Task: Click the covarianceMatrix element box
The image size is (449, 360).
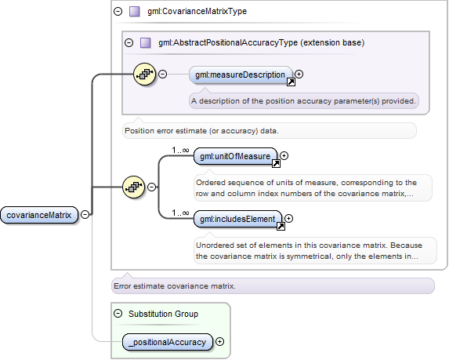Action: coord(39,215)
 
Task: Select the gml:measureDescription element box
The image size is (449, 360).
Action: coord(241,75)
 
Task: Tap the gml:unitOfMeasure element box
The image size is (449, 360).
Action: coord(235,156)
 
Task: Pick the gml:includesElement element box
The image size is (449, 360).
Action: coord(237,219)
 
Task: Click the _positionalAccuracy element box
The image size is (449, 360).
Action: coord(168,342)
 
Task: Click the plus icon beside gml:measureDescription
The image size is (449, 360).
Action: coord(299,75)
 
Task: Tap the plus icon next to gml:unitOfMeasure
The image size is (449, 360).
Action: coord(284,155)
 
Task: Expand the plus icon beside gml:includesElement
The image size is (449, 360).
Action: coord(288,218)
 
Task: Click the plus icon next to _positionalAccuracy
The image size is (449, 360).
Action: coord(219,342)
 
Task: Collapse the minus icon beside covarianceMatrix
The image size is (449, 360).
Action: coord(85,214)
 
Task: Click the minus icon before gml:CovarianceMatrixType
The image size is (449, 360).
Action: coord(118,11)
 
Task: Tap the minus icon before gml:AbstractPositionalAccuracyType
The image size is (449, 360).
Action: coord(129,42)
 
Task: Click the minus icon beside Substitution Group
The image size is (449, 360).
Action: coord(118,313)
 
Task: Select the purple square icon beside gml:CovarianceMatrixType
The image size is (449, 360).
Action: coord(135,12)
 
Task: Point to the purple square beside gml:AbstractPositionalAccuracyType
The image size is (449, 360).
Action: coord(146,43)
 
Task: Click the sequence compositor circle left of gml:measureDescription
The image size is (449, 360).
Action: coord(145,75)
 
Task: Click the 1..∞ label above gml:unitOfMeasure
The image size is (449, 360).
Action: coord(180,150)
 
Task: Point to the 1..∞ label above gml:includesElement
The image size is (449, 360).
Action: coord(180,213)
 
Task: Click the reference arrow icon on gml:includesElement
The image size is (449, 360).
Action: coord(281,227)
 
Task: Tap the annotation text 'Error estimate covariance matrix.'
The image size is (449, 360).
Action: coord(175,286)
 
